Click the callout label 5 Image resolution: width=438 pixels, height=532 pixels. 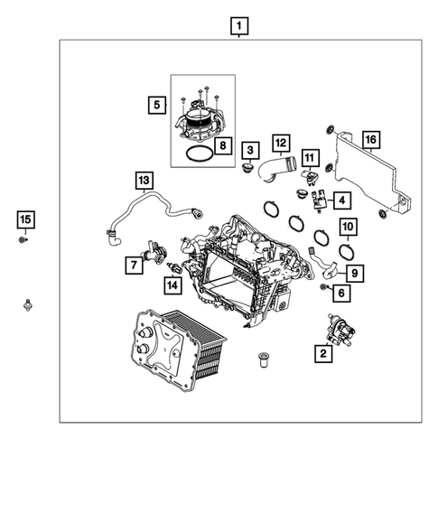tap(157, 106)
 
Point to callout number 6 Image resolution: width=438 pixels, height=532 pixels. tap(340, 293)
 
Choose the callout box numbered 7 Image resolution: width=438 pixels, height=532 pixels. tap(133, 265)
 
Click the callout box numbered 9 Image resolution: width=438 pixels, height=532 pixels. tap(356, 271)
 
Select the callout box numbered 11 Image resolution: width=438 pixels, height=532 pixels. tap(310, 158)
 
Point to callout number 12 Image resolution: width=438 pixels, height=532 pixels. tap(280, 143)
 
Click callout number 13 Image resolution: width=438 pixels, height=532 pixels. tap(144, 180)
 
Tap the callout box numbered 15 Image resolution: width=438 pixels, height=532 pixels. tap(25, 219)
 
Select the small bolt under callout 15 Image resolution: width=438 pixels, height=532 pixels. tap(24, 240)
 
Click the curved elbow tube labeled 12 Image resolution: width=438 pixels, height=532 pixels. tap(275, 170)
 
